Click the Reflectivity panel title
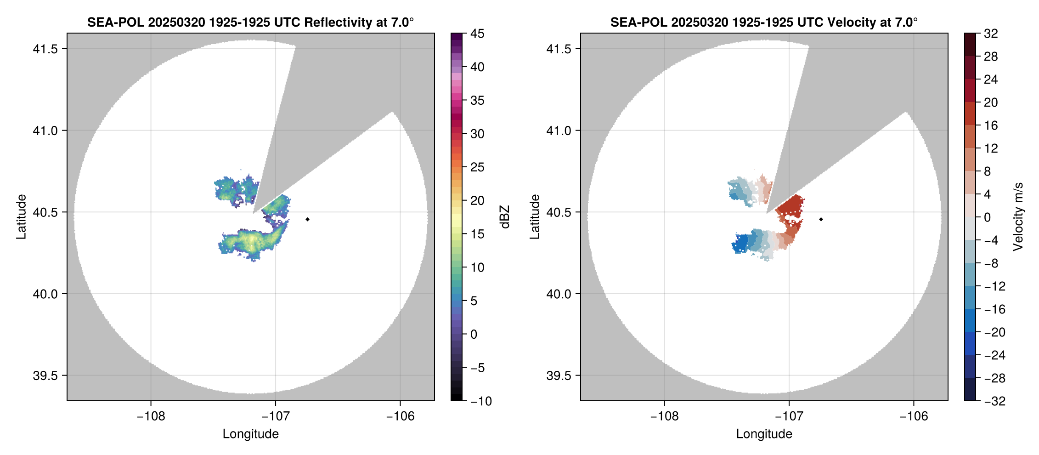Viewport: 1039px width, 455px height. [x=250, y=22]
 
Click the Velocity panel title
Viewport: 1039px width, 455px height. [x=763, y=22]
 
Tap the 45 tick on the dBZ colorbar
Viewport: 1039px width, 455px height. [x=477, y=34]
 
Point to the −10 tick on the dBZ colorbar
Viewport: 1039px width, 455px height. [x=481, y=401]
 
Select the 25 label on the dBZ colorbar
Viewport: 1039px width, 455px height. [x=477, y=167]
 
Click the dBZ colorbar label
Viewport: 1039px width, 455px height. [x=505, y=217]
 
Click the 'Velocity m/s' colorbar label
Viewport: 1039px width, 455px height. [x=1018, y=217]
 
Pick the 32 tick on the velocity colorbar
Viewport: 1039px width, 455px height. [x=991, y=34]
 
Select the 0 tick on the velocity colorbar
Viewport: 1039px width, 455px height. [x=987, y=217]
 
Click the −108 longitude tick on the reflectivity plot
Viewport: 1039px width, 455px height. [x=151, y=416]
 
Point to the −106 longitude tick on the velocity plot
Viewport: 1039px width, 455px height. [x=913, y=416]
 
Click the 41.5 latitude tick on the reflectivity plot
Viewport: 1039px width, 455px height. [x=45, y=49]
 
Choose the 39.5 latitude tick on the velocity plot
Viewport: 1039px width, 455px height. [x=559, y=375]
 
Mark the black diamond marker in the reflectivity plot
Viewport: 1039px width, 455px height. [x=307, y=219]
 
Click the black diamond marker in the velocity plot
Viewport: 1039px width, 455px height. [x=821, y=219]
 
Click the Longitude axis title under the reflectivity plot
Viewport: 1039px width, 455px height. [x=250, y=434]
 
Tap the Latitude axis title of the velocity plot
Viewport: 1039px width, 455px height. [x=534, y=217]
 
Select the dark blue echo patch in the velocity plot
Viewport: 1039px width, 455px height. [x=741, y=242]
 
